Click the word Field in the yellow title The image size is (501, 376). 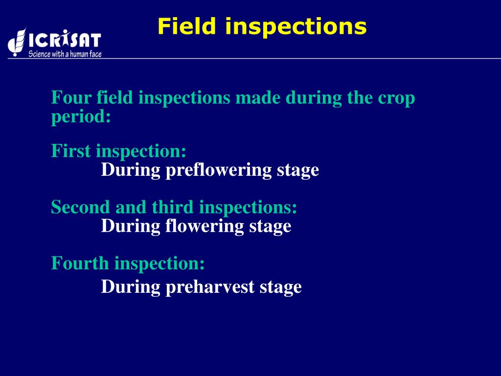(x=186, y=26)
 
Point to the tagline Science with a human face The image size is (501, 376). (x=65, y=54)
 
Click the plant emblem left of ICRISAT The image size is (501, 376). (x=17, y=42)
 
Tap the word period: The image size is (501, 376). (x=81, y=117)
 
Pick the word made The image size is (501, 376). (x=258, y=98)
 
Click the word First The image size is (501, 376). (x=71, y=151)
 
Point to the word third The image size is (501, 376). (x=173, y=207)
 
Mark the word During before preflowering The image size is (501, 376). (x=131, y=170)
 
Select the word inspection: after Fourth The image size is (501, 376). (x=159, y=264)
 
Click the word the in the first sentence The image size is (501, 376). (x=360, y=98)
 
